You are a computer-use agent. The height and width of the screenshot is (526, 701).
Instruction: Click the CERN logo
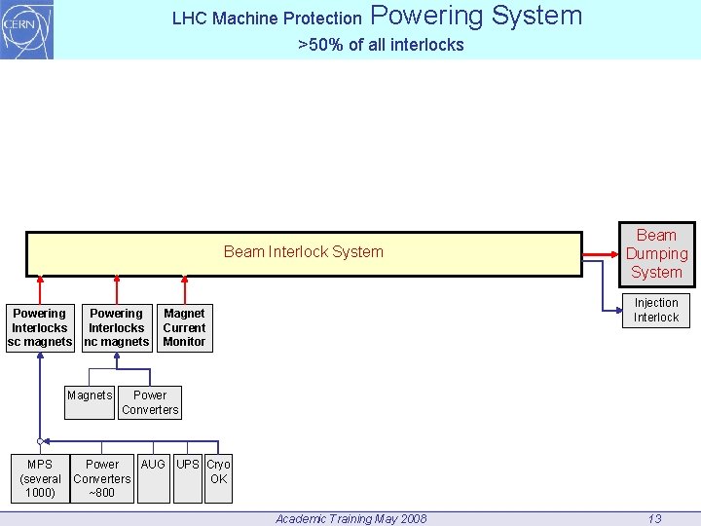click(x=26, y=29)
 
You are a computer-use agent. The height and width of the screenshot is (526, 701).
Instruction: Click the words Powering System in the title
click(x=476, y=16)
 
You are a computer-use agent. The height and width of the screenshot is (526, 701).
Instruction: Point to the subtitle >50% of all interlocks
click(x=381, y=45)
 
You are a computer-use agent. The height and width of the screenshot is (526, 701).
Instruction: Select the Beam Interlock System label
click(x=303, y=252)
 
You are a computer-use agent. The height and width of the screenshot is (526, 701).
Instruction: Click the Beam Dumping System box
click(x=656, y=253)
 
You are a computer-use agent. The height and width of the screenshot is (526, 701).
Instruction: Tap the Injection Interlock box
click(x=656, y=310)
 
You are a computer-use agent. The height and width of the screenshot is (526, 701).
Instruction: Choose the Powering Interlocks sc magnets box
click(x=40, y=328)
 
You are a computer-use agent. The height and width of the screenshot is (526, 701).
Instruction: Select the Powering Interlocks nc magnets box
click(x=117, y=328)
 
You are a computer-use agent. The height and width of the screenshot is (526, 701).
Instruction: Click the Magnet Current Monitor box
click(x=184, y=328)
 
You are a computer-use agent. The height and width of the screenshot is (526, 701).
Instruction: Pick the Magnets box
click(x=90, y=402)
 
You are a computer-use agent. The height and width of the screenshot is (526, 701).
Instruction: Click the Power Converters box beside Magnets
click(x=150, y=402)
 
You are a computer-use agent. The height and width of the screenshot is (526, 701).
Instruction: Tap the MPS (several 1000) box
click(x=40, y=478)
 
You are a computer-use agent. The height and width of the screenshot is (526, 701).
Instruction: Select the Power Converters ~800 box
click(x=102, y=478)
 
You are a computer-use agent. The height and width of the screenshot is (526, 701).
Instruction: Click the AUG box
click(x=153, y=478)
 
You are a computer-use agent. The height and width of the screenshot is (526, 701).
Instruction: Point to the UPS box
click(x=188, y=478)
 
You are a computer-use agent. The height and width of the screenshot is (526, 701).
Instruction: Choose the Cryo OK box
click(x=218, y=478)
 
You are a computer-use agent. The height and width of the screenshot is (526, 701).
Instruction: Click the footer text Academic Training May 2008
click(x=350, y=518)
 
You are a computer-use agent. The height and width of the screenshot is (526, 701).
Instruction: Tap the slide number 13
click(x=655, y=518)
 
